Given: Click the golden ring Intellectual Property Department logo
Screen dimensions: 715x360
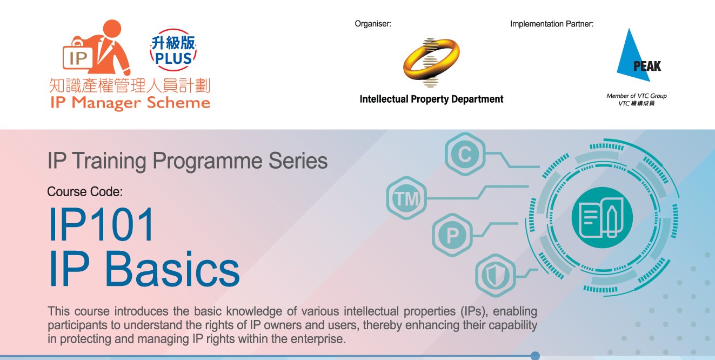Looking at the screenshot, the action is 431,62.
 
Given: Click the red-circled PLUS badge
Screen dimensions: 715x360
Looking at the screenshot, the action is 173,50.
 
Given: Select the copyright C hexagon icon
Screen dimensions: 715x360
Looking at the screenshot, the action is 465,154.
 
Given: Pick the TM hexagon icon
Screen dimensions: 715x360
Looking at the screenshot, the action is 406,198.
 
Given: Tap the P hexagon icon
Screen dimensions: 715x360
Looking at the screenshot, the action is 452,235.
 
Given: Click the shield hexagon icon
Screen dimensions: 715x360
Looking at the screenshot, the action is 496,275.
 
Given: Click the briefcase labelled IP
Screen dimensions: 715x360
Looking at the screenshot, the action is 78,55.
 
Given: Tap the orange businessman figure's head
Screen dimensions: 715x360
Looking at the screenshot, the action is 112,28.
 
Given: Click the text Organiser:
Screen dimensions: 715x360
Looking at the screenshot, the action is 373,24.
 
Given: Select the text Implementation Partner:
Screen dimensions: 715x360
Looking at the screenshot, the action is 552,24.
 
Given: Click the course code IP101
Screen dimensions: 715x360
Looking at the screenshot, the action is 102,224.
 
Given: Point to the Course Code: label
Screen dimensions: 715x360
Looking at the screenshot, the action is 85,192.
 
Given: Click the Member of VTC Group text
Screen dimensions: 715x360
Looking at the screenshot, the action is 637,96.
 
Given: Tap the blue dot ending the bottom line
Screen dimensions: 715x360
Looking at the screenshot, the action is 535,356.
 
